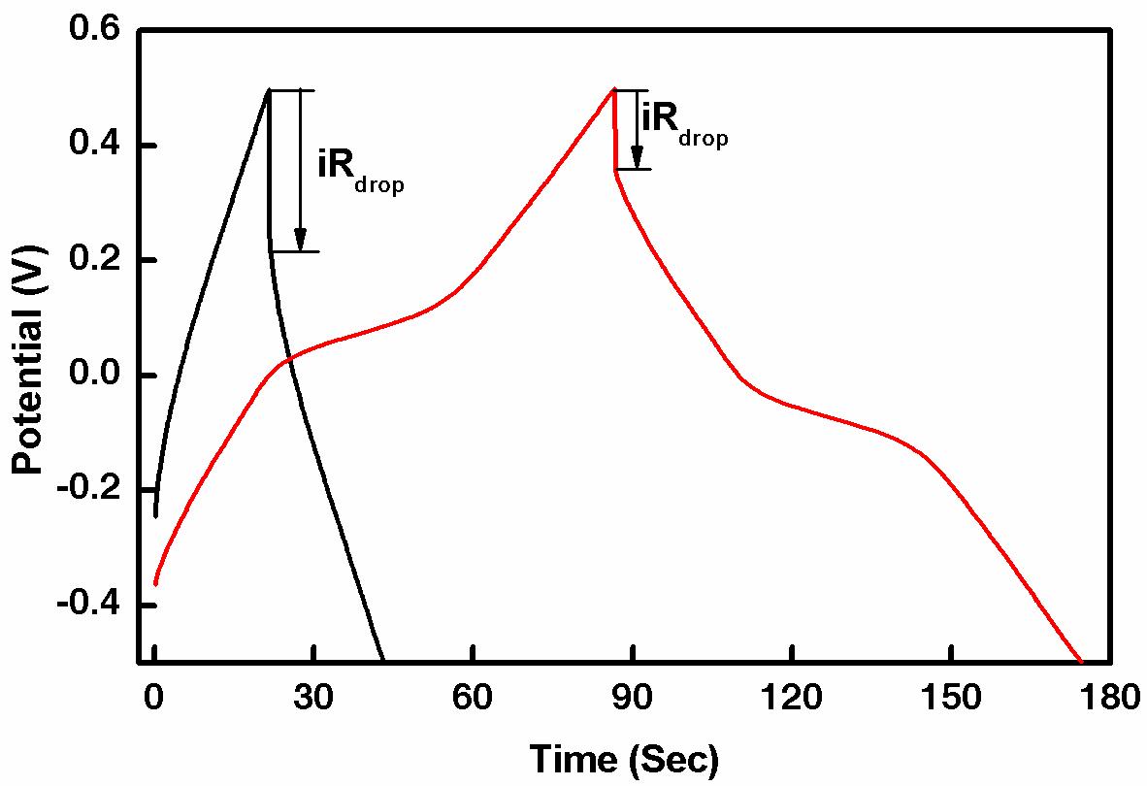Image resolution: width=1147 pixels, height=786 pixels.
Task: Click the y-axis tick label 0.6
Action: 94,31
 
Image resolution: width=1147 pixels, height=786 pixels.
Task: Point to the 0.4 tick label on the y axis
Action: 94,146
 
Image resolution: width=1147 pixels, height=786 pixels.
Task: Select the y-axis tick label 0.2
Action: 94,260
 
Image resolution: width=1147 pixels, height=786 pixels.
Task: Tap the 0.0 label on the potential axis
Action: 94,375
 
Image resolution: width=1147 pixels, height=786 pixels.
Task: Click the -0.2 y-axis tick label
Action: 88,490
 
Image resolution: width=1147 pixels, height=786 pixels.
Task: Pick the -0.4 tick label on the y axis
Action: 88,605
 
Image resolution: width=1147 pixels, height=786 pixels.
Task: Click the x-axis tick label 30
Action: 313,698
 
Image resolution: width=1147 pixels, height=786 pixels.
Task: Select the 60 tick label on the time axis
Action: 473,698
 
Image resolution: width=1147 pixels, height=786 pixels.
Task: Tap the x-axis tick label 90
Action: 633,698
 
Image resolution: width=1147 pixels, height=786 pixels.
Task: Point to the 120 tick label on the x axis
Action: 792,698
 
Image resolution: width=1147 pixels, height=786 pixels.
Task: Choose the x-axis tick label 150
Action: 951,698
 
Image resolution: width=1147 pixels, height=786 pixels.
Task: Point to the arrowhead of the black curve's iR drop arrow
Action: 301,240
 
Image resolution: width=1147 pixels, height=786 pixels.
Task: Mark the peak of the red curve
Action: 614,89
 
